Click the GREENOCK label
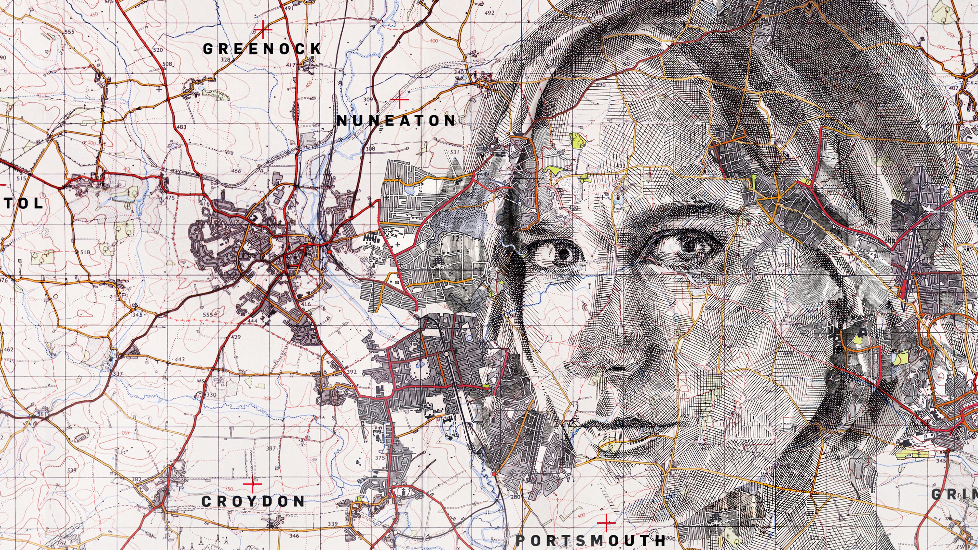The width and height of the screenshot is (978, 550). (x=262, y=49)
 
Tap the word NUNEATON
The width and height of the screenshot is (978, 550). (x=396, y=121)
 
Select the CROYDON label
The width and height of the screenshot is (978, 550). (x=253, y=501)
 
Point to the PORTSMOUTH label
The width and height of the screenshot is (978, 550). (x=591, y=540)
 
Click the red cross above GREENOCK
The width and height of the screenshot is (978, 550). (x=263, y=29)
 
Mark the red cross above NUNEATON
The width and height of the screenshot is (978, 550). (x=399, y=101)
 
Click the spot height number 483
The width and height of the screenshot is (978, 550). (x=182, y=127)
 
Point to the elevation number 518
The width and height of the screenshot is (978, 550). (x=85, y=252)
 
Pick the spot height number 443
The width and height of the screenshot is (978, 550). (x=180, y=359)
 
